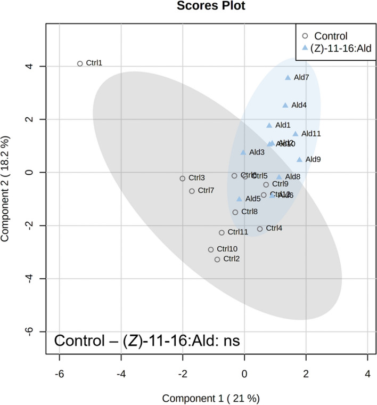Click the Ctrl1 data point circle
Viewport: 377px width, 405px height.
point(80,63)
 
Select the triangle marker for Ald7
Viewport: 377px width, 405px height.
point(288,77)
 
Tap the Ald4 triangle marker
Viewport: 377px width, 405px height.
point(285,105)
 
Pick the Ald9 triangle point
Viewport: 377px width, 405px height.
point(300,159)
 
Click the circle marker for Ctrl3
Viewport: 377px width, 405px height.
point(183,179)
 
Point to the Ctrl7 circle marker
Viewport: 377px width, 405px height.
point(192,191)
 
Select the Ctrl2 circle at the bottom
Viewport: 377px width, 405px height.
point(217,260)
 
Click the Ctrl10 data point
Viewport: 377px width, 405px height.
point(211,249)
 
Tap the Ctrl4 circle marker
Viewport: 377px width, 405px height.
point(260,229)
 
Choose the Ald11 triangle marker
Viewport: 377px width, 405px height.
point(296,134)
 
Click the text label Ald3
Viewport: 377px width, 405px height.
point(257,152)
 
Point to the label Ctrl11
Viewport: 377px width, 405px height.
point(238,232)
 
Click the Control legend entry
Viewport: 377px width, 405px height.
point(331,36)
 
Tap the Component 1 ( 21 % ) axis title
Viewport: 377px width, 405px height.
point(211,398)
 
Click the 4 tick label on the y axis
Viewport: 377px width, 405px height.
point(33,67)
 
